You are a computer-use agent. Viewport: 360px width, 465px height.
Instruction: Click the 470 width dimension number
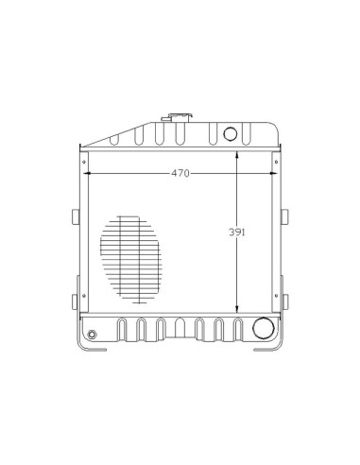180,173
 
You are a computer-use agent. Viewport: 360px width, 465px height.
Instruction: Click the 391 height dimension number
236,232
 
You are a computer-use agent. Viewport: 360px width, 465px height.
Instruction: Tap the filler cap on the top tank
179,118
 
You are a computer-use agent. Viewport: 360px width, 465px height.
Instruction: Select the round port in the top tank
231,133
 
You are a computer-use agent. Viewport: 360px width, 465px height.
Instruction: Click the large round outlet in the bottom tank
264,328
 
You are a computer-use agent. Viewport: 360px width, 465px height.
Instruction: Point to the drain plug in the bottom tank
92,334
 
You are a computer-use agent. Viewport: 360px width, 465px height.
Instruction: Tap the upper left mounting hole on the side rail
84,162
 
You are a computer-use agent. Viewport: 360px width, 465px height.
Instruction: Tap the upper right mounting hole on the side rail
276,162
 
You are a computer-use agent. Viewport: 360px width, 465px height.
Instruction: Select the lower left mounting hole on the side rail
84,296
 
